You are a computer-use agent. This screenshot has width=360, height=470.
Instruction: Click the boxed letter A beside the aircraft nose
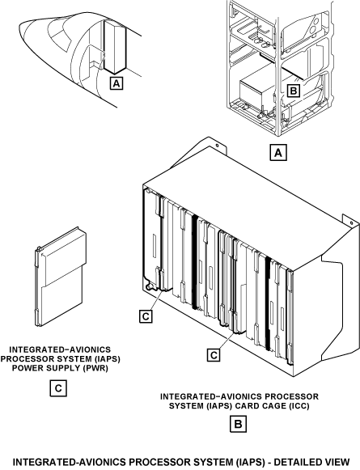116,83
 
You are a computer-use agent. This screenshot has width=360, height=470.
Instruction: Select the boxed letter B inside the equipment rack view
293,91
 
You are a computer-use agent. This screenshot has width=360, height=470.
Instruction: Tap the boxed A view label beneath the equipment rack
278,153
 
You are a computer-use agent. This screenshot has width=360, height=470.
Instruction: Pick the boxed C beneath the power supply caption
58,388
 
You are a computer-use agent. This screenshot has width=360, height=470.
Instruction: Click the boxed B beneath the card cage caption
239,424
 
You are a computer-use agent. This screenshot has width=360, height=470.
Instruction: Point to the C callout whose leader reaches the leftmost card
146,316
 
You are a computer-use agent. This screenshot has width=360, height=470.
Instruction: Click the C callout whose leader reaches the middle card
214,355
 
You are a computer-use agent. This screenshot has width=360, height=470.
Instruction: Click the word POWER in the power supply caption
25,368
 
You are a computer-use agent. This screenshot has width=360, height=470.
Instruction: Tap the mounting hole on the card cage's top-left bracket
217,146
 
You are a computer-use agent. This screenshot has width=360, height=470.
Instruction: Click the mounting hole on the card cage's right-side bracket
352,223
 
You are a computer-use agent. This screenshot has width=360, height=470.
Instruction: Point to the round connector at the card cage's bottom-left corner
148,287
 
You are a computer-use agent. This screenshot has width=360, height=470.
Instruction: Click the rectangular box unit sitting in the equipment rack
258,90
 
